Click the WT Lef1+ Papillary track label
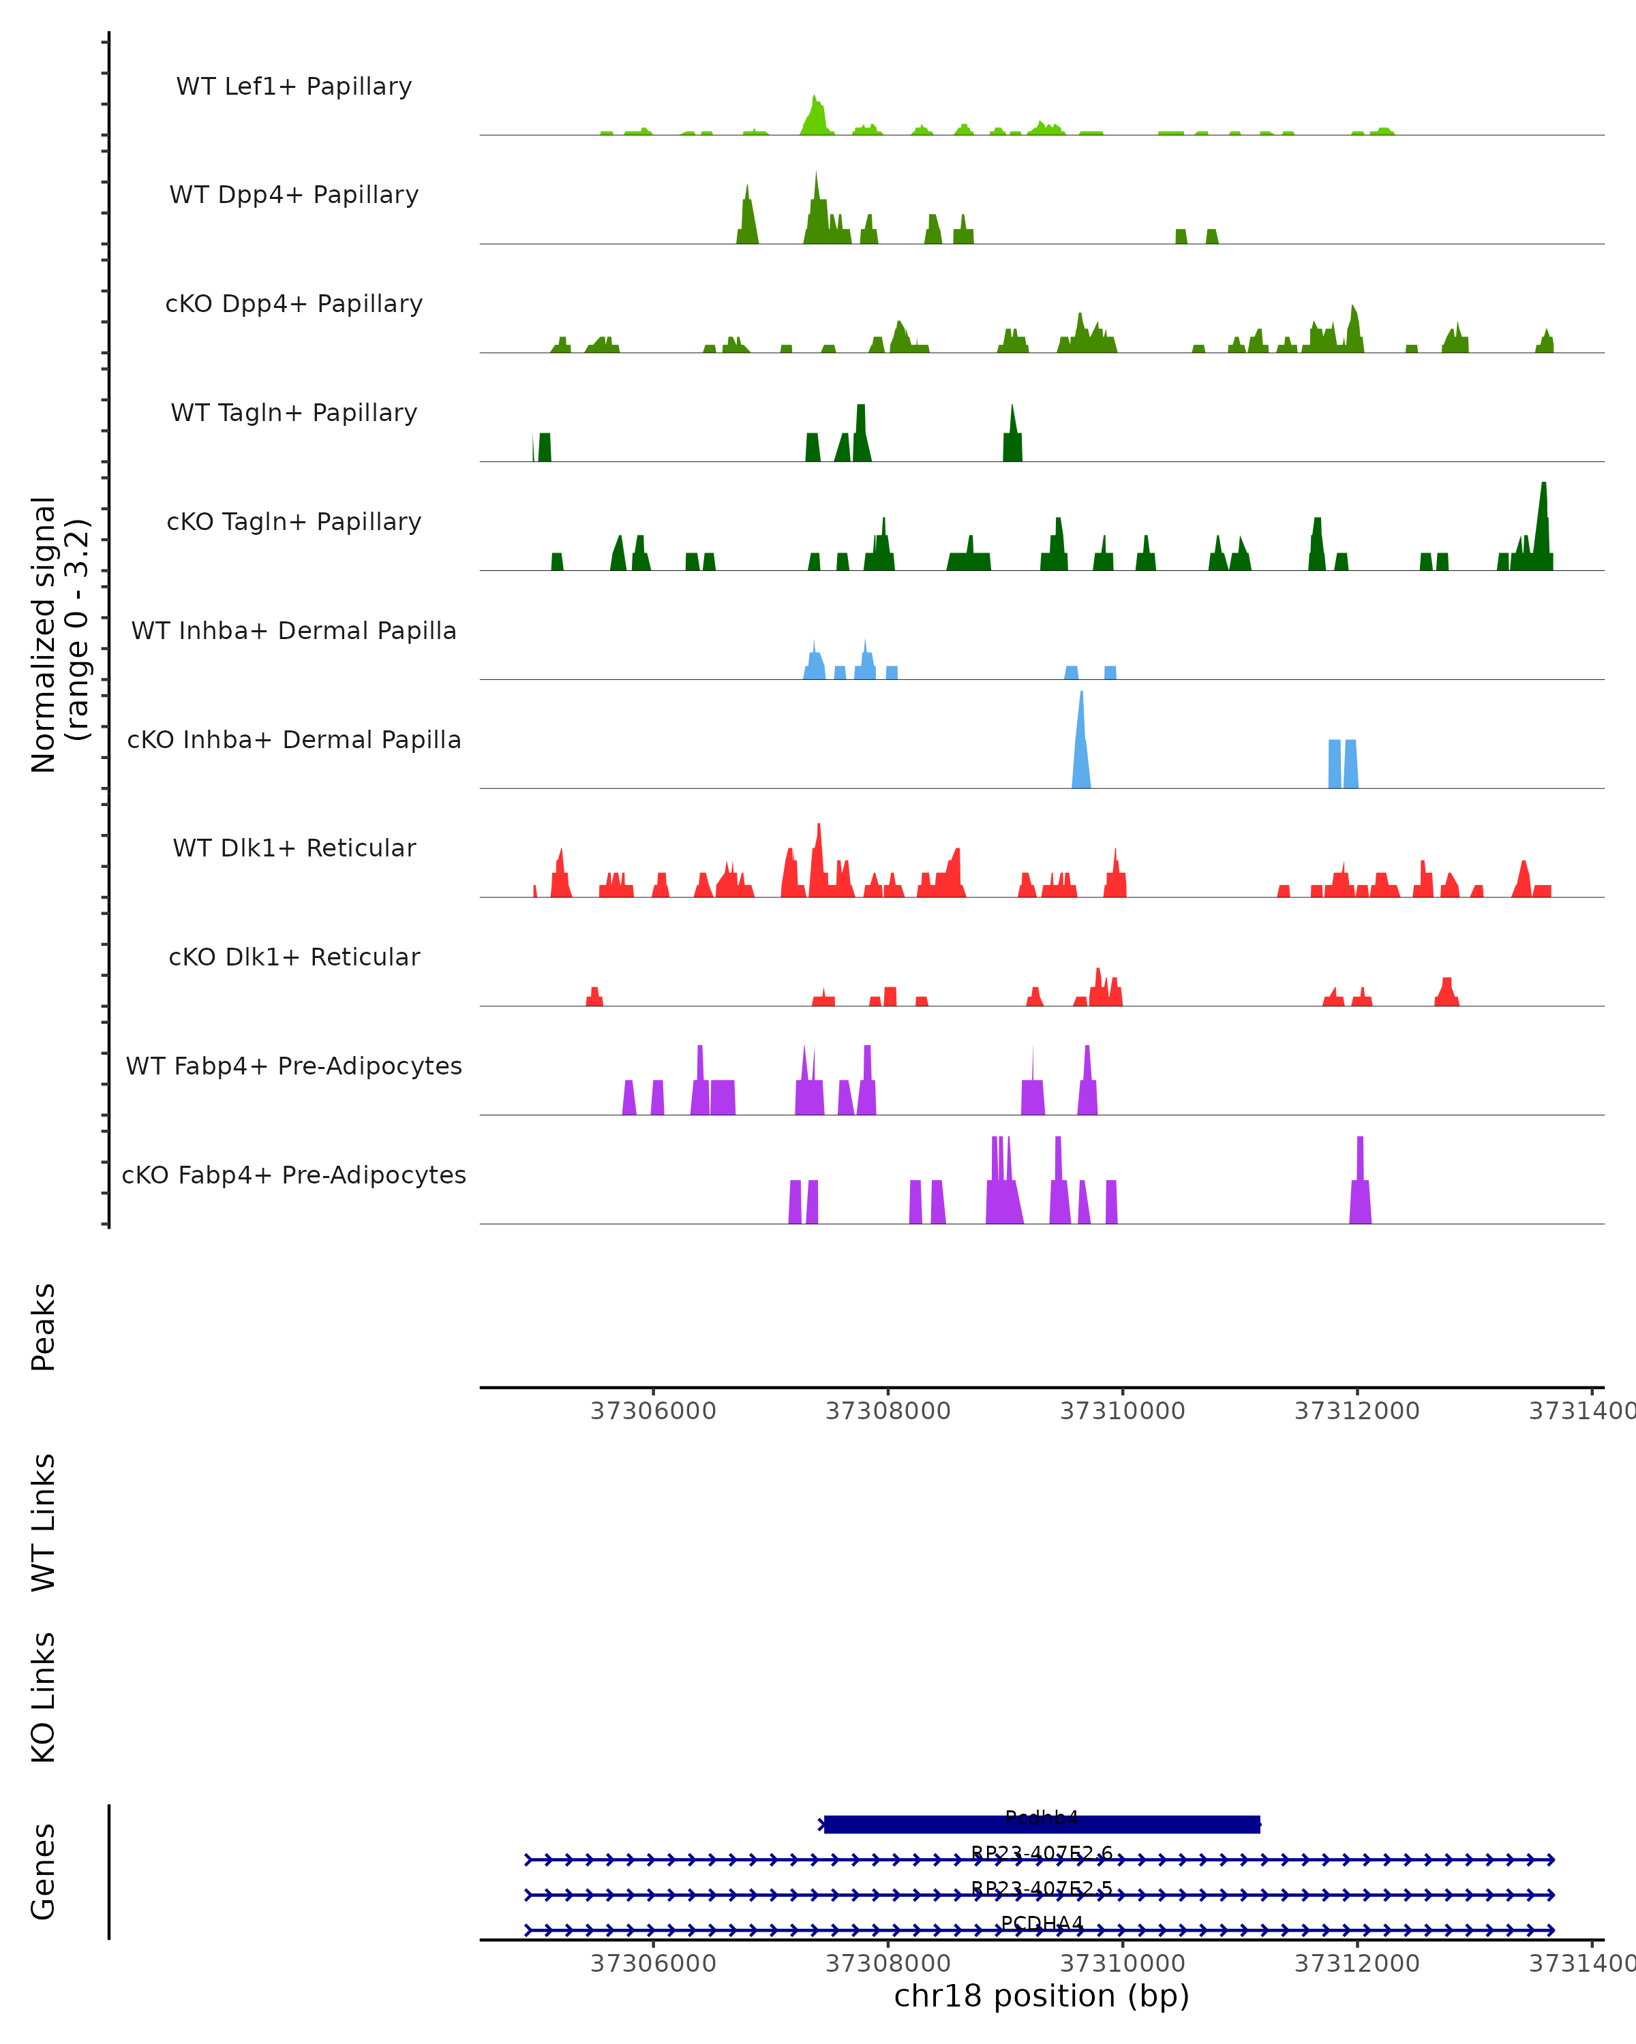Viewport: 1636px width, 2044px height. point(294,87)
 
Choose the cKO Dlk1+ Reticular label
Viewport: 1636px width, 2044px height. point(294,957)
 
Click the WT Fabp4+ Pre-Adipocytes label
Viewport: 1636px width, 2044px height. point(294,1066)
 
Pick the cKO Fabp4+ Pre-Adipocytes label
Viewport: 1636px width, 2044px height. point(294,1175)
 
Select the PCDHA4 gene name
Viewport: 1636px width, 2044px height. point(1042,1923)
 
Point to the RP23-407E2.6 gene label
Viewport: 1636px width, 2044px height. point(1042,1853)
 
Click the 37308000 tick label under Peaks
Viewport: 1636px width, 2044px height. point(888,1411)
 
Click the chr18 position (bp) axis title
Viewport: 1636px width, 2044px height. point(1042,1996)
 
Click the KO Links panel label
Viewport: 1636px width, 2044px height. point(44,1697)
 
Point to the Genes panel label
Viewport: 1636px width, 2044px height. point(44,1872)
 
